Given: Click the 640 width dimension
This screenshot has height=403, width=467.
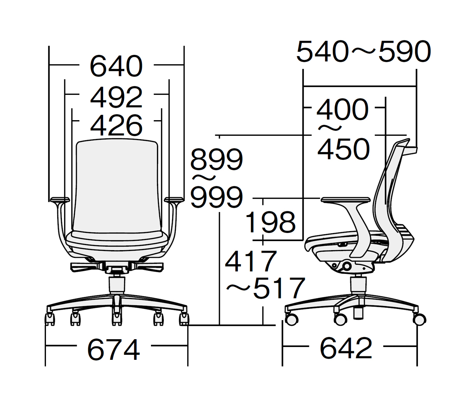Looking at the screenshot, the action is (x=116, y=66).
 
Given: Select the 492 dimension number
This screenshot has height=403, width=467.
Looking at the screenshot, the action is (x=116, y=97).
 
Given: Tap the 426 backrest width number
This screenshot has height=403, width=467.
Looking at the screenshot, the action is (x=116, y=125).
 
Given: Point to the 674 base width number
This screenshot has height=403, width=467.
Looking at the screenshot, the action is (x=113, y=349).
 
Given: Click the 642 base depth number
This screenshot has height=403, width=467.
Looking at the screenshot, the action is (x=346, y=348).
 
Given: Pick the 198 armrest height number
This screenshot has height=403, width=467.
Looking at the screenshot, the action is (x=270, y=222).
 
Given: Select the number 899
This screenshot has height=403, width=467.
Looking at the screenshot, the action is (x=216, y=159).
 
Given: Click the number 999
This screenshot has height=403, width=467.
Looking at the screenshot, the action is (x=216, y=197).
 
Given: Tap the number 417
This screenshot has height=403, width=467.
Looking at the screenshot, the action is (x=251, y=261).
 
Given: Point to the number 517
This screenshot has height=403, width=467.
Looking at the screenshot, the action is (x=279, y=288).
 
